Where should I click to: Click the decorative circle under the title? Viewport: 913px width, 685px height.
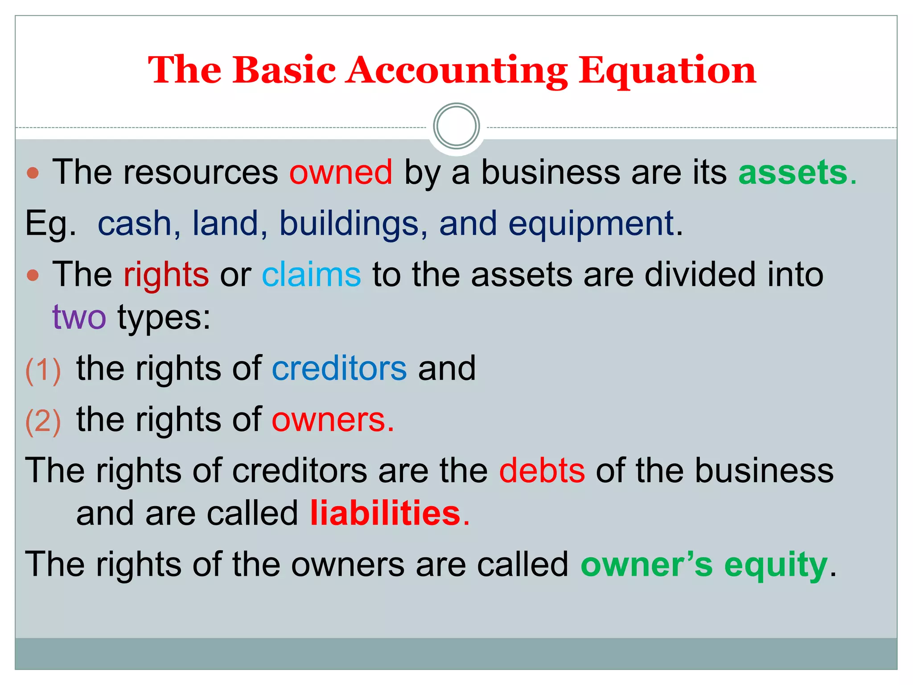tap(456, 126)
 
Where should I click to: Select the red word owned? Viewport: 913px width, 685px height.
tap(341, 172)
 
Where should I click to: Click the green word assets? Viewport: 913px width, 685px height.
tap(793, 172)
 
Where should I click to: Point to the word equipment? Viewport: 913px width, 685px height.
tap(591, 224)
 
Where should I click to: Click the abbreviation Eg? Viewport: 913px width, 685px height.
tap(50, 224)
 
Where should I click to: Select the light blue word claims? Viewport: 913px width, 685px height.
tap(311, 275)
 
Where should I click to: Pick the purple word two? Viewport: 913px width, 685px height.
tap(79, 317)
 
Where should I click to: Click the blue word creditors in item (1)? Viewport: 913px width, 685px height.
tap(339, 369)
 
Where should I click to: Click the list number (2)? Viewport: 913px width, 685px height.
tap(43, 421)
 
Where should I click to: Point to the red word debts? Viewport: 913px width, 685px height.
tap(542, 471)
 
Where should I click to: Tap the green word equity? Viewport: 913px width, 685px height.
tap(776, 565)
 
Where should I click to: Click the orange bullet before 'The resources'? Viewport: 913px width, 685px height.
tap(33, 173)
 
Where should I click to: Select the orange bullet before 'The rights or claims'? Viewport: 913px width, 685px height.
tap(33, 275)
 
